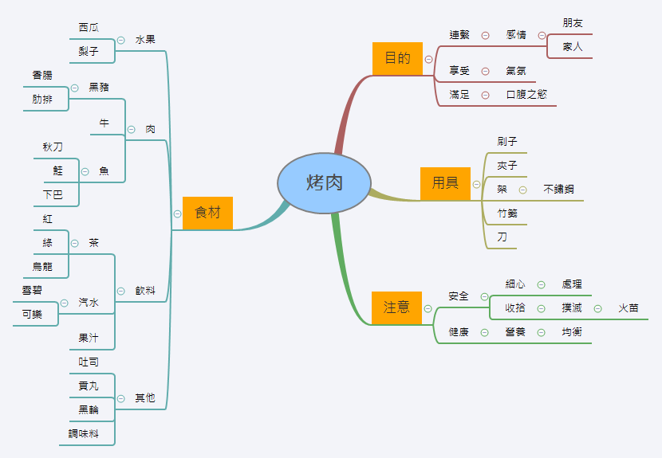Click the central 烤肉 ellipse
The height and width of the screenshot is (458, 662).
tap(325, 183)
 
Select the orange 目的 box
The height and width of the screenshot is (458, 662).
tap(397, 58)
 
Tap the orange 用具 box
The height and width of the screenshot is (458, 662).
tap(445, 183)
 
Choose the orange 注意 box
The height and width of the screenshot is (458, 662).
tap(396, 307)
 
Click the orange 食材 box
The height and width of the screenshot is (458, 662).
tap(207, 213)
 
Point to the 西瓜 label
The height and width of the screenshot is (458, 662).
tap(89, 28)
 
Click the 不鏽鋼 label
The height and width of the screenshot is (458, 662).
tap(558, 190)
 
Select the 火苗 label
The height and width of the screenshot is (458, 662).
tap(629, 308)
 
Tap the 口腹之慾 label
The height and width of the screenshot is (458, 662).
tap(526, 95)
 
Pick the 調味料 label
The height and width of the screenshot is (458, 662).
tap(83, 434)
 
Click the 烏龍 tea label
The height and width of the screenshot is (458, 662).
tap(42, 267)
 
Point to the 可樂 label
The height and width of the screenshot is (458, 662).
tap(33, 315)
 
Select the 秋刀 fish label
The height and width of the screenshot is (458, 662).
tap(53, 147)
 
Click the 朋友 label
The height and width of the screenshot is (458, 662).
tap(573, 23)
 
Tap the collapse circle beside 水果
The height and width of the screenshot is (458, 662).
tap(120, 40)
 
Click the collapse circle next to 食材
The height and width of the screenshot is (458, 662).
tap(177, 213)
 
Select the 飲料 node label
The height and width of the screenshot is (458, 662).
tap(145, 291)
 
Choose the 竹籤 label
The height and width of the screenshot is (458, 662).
tap(507, 213)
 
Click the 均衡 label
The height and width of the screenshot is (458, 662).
tap(572, 332)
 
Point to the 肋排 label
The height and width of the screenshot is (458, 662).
tap(42, 100)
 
